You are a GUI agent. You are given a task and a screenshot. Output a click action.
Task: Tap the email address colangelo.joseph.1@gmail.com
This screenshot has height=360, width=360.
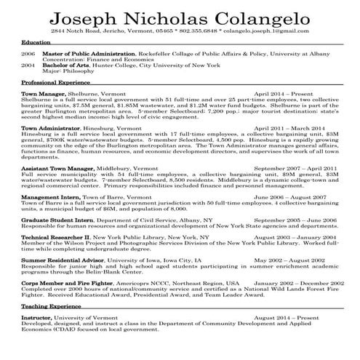point(270,33)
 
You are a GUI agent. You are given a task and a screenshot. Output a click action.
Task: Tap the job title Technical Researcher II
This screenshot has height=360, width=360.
point(56,237)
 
